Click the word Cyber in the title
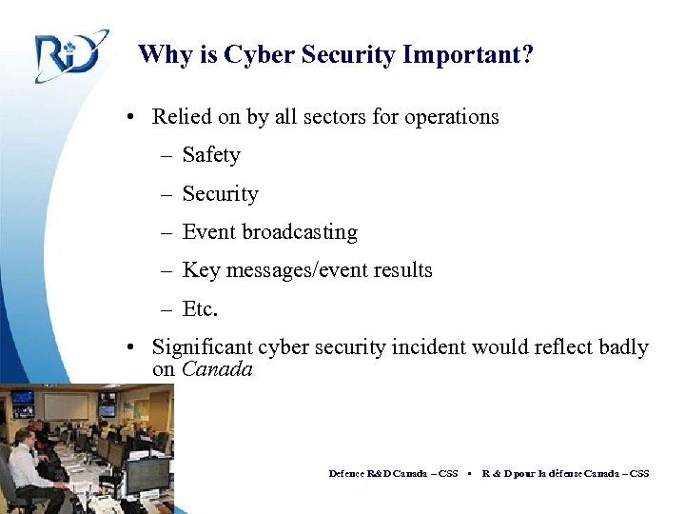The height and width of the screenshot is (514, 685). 258,54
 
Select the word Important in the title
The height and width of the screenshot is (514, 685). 460,54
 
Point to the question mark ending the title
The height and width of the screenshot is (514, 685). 527,54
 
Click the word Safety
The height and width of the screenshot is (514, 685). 211,155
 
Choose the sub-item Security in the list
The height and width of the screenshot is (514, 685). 220,194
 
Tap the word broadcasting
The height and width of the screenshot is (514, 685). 299,232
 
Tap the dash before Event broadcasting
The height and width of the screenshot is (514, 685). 166,232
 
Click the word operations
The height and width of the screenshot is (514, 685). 451,117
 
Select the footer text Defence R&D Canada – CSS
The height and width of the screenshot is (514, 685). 393,473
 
